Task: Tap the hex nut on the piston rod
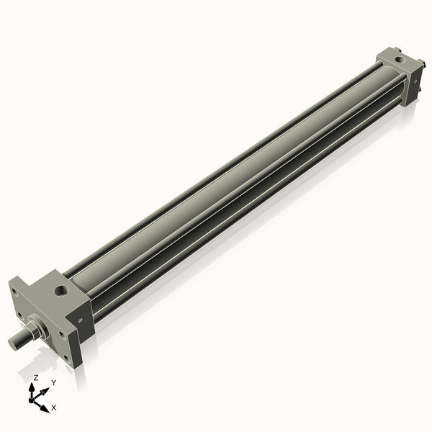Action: tap(33, 333)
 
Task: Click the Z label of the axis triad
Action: tap(36, 377)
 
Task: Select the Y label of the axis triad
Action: tap(53, 383)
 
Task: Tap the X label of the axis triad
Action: tap(54, 408)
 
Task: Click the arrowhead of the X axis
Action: tap(46, 408)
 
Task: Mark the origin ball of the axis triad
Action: tap(34, 398)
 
